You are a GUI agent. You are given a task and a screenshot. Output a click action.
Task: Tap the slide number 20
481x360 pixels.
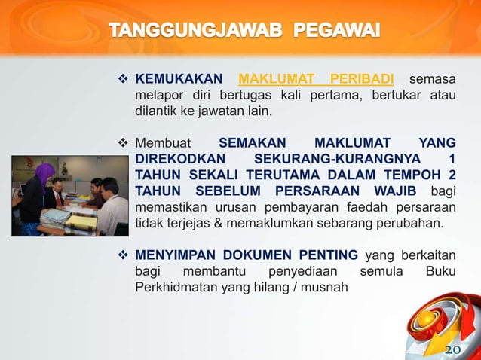452,350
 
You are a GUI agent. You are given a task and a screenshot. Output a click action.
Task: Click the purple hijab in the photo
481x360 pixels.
44,174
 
